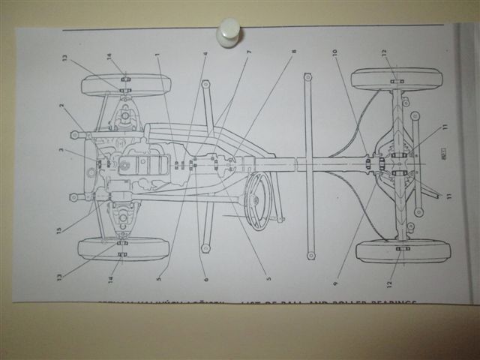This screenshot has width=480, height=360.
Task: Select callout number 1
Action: click(158, 55)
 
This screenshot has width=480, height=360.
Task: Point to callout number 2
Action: click(62, 106)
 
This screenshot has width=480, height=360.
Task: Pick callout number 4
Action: click(205, 53)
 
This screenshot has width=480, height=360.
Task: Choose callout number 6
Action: click(205, 279)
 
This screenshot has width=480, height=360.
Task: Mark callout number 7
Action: click(248, 53)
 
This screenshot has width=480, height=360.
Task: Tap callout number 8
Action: click(294, 52)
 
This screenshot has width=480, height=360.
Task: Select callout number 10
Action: click(335, 52)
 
